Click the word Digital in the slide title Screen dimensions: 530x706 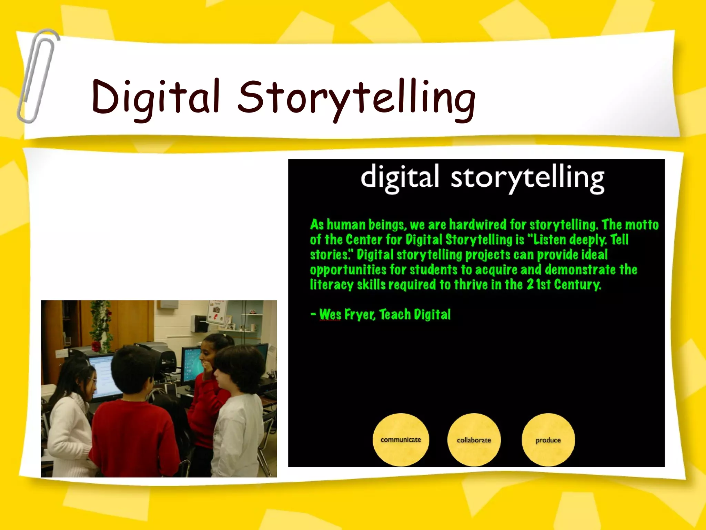(x=155, y=97)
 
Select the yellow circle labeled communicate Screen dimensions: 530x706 (x=401, y=440)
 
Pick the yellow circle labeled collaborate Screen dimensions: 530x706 (x=474, y=440)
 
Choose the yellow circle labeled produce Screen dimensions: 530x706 (x=548, y=440)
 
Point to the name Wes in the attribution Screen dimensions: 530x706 (x=330, y=314)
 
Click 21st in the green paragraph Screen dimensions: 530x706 (x=538, y=284)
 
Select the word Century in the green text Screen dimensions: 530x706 (x=577, y=284)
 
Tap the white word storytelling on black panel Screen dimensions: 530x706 (x=527, y=178)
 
